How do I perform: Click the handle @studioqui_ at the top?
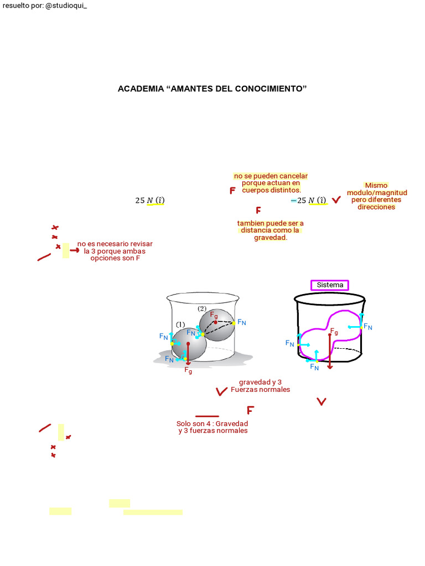[x=66, y=6]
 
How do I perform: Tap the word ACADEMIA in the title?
[x=141, y=89]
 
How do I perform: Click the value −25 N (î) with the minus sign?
[x=309, y=200]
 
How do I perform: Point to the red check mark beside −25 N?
[x=336, y=200]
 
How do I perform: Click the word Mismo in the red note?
[x=376, y=186]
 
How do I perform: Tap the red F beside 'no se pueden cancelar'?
[x=233, y=191]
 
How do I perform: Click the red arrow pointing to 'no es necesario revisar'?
[x=75, y=250]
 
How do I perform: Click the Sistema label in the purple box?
[x=330, y=285]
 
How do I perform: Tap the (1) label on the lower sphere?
[x=180, y=324]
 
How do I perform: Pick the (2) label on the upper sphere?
[x=202, y=308]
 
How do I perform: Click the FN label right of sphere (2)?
[x=242, y=322]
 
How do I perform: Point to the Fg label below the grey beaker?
[x=188, y=370]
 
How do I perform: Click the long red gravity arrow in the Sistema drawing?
[x=330, y=351]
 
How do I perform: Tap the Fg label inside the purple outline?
[x=334, y=332]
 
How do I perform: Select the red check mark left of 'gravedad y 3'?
[x=221, y=392]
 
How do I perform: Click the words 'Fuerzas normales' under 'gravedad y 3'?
[x=260, y=390]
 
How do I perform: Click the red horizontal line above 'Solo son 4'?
[x=207, y=416]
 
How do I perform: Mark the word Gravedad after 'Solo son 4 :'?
[x=232, y=424]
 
